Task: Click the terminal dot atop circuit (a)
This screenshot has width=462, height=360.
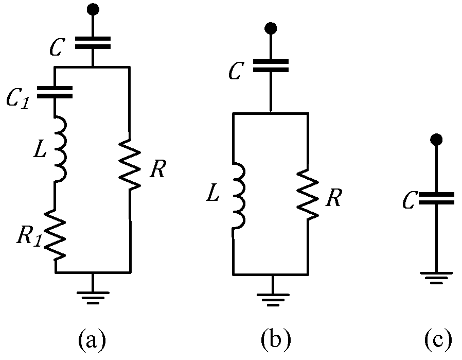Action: tap(93, 9)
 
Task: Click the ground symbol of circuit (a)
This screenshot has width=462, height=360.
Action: tap(93, 296)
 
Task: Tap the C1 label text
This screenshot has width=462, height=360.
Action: tap(17, 98)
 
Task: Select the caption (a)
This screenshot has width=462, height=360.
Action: tap(92, 339)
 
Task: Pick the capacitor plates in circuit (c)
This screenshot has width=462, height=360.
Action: tap(436, 198)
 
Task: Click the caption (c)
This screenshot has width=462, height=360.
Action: tap(438, 339)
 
